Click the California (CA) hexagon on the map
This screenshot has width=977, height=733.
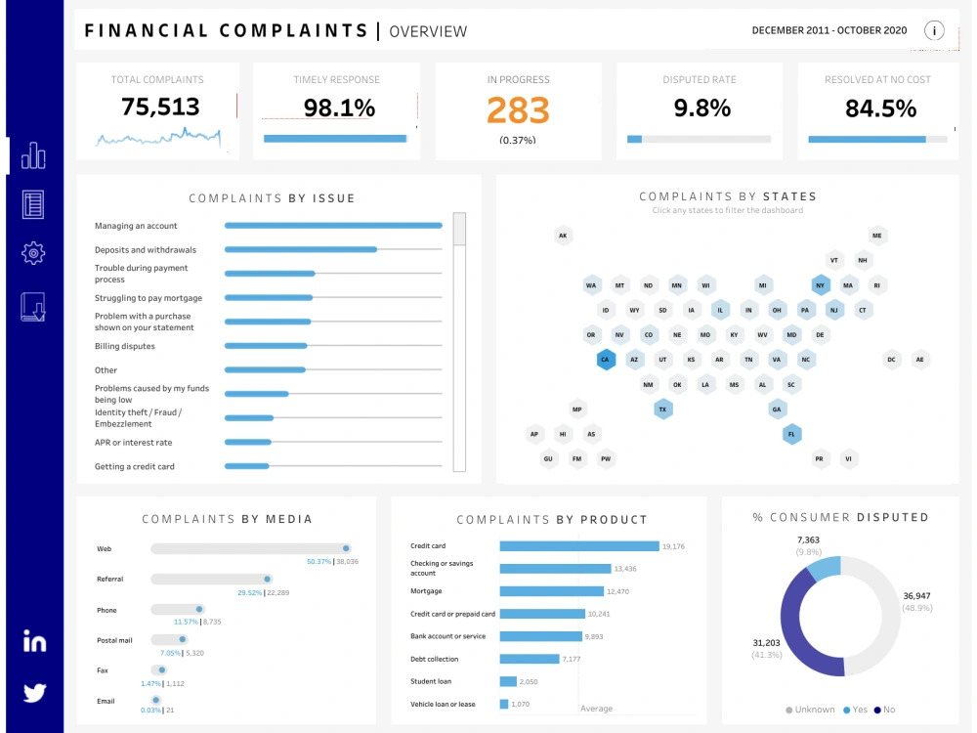606,360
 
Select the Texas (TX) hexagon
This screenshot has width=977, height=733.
663,410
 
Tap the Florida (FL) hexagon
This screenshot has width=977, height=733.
791,434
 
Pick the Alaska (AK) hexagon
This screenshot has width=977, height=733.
563,236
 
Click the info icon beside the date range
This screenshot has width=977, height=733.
934,30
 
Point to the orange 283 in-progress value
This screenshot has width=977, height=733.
518,110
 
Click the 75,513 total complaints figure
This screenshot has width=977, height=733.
160,107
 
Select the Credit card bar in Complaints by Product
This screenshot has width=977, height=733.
579,546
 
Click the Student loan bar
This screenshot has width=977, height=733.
508,681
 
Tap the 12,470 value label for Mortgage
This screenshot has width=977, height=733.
618,591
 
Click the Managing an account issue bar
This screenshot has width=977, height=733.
333,226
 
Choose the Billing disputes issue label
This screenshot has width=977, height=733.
124,346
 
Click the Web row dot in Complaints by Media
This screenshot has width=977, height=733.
346,549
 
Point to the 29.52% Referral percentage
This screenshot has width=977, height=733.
250,592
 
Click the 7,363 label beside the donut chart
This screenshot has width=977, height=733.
808,539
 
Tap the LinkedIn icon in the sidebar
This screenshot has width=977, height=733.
34,642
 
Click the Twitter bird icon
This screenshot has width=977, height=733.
34,693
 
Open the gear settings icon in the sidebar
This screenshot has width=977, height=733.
33,254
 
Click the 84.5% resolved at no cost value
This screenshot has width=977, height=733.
880,108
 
